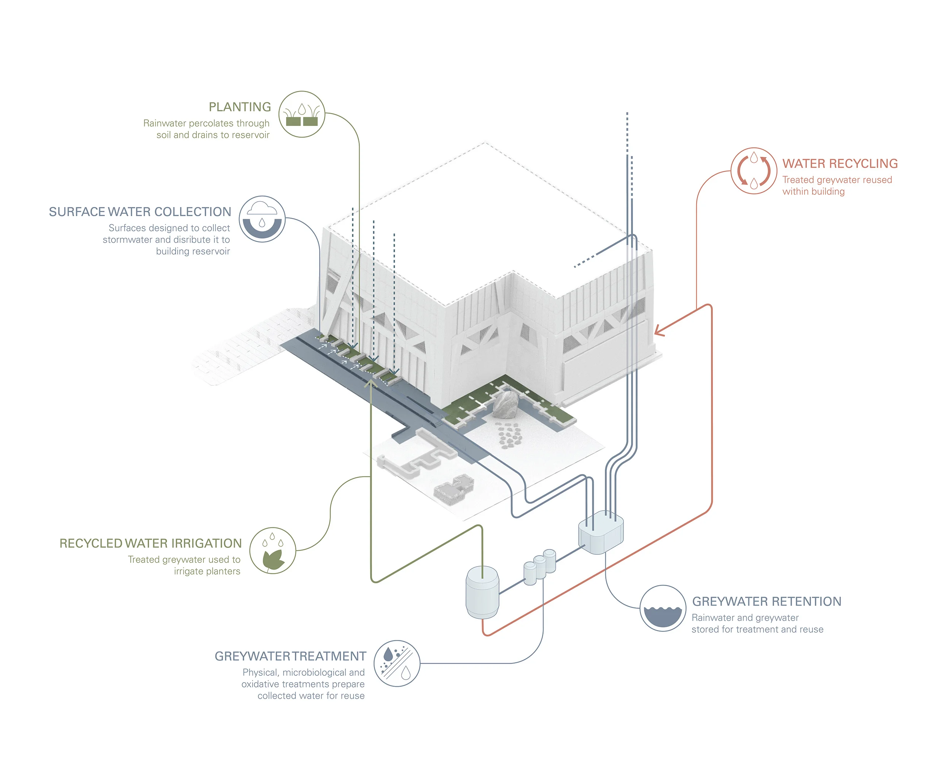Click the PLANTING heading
click(240, 107)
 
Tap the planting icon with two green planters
click(302, 115)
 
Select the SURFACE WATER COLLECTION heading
click(140, 212)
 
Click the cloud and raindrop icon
click(262, 219)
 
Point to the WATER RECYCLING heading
click(840, 164)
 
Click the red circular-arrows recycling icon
click(754, 171)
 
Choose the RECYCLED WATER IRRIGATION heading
click(150, 543)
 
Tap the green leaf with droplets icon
click(273, 551)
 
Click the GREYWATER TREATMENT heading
click(290, 656)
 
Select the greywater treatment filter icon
click(396, 664)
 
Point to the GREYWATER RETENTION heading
click(767, 602)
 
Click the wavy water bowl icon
click(663, 608)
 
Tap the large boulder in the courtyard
click(506, 404)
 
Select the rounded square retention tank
click(601, 532)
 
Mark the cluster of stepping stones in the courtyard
click(509, 435)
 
